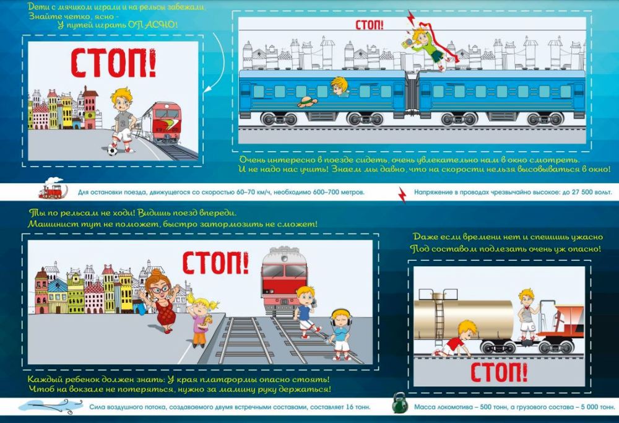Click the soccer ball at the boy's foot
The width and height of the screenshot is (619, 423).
click(x=113, y=150)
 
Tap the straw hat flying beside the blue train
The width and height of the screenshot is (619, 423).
click(x=308, y=102)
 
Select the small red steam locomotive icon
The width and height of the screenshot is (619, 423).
click(x=53, y=188)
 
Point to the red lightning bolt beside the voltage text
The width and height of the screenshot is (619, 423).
click(x=402, y=194)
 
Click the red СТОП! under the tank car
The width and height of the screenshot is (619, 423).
click(x=499, y=372)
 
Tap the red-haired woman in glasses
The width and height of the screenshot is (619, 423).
click(x=161, y=301)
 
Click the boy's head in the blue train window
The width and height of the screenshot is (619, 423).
click(x=339, y=87)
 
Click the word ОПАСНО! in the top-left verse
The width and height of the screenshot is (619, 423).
click(x=152, y=25)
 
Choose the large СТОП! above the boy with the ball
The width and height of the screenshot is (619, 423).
click(x=113, y=63)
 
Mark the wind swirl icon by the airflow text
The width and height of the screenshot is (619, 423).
click(x=50, y=406)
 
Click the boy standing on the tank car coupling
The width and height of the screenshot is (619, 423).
click(x=527, y=315)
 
